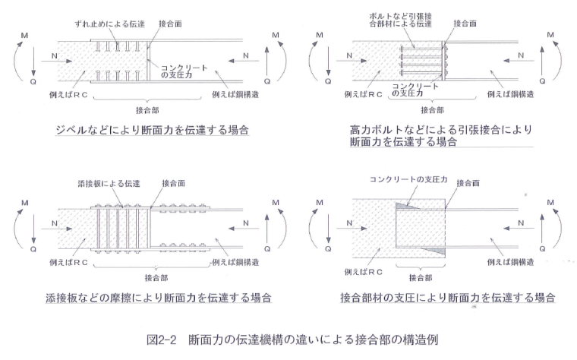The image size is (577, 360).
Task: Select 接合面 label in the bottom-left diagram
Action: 172,184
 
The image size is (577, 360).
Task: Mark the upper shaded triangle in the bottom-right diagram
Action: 405,204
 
